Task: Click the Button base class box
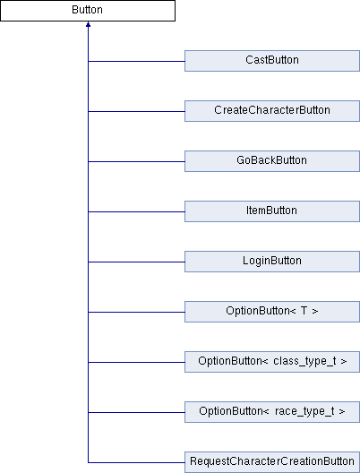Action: click(x=88, y=11)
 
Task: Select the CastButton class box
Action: click(x=272, y=61)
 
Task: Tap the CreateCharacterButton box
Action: click(x=272, y=111)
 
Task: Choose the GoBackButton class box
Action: click(x=272, y=161)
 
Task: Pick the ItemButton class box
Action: click(x=272, y=211)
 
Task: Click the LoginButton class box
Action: click(x=272, y=262)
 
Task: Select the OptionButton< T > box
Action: click(x=272, y=312)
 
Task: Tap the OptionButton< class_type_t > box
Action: click(x=272, y=362)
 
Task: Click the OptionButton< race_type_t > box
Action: click(x=272, y=412)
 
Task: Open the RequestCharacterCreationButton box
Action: click(x=272, y=462)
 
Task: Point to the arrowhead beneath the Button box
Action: click(x=88, y=24)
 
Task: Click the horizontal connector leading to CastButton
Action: click(x=136, y=61)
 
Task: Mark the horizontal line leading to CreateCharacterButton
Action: click(x=136, y=111)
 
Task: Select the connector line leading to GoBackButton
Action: click(x=136, y=161)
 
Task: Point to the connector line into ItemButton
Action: click(x=136, y=211)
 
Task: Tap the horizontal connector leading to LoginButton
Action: click(x=136, y=262)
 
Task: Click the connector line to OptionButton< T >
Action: click(x=136, y=312)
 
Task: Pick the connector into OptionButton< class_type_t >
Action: click(x=136, y=362)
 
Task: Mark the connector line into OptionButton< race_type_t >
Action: click(x=136, y=412)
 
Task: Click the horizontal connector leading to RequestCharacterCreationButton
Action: click(x=136, y=462)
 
